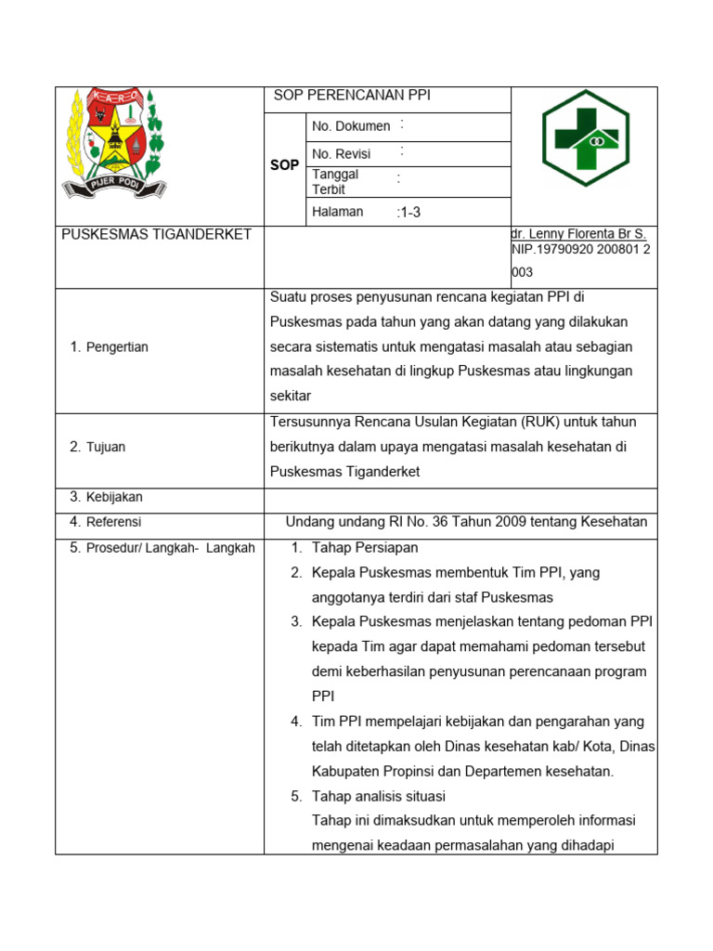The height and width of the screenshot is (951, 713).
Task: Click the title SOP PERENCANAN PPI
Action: pos(352,96)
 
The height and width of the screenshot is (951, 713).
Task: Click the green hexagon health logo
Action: pos(586,138)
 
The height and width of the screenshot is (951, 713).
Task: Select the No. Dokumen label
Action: pos(351,126)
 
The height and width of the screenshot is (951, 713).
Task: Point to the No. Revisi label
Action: pos(342,154)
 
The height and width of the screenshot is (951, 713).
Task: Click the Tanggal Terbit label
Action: pos(335,181)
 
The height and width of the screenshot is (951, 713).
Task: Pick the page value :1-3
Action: pos(408,212)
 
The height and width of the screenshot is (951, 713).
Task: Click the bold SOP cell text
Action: pos(284,164)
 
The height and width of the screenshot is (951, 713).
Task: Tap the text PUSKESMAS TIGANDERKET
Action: pos(156,234)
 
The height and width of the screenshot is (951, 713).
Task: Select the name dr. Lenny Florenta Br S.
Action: pos(578,235)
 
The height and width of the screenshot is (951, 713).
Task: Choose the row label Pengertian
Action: pos(117,347)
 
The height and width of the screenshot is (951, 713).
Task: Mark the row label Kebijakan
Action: pos(114,497)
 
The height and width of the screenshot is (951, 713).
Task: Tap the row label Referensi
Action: pos(113,522)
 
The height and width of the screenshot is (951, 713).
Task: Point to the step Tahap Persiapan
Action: pos(365,548)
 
